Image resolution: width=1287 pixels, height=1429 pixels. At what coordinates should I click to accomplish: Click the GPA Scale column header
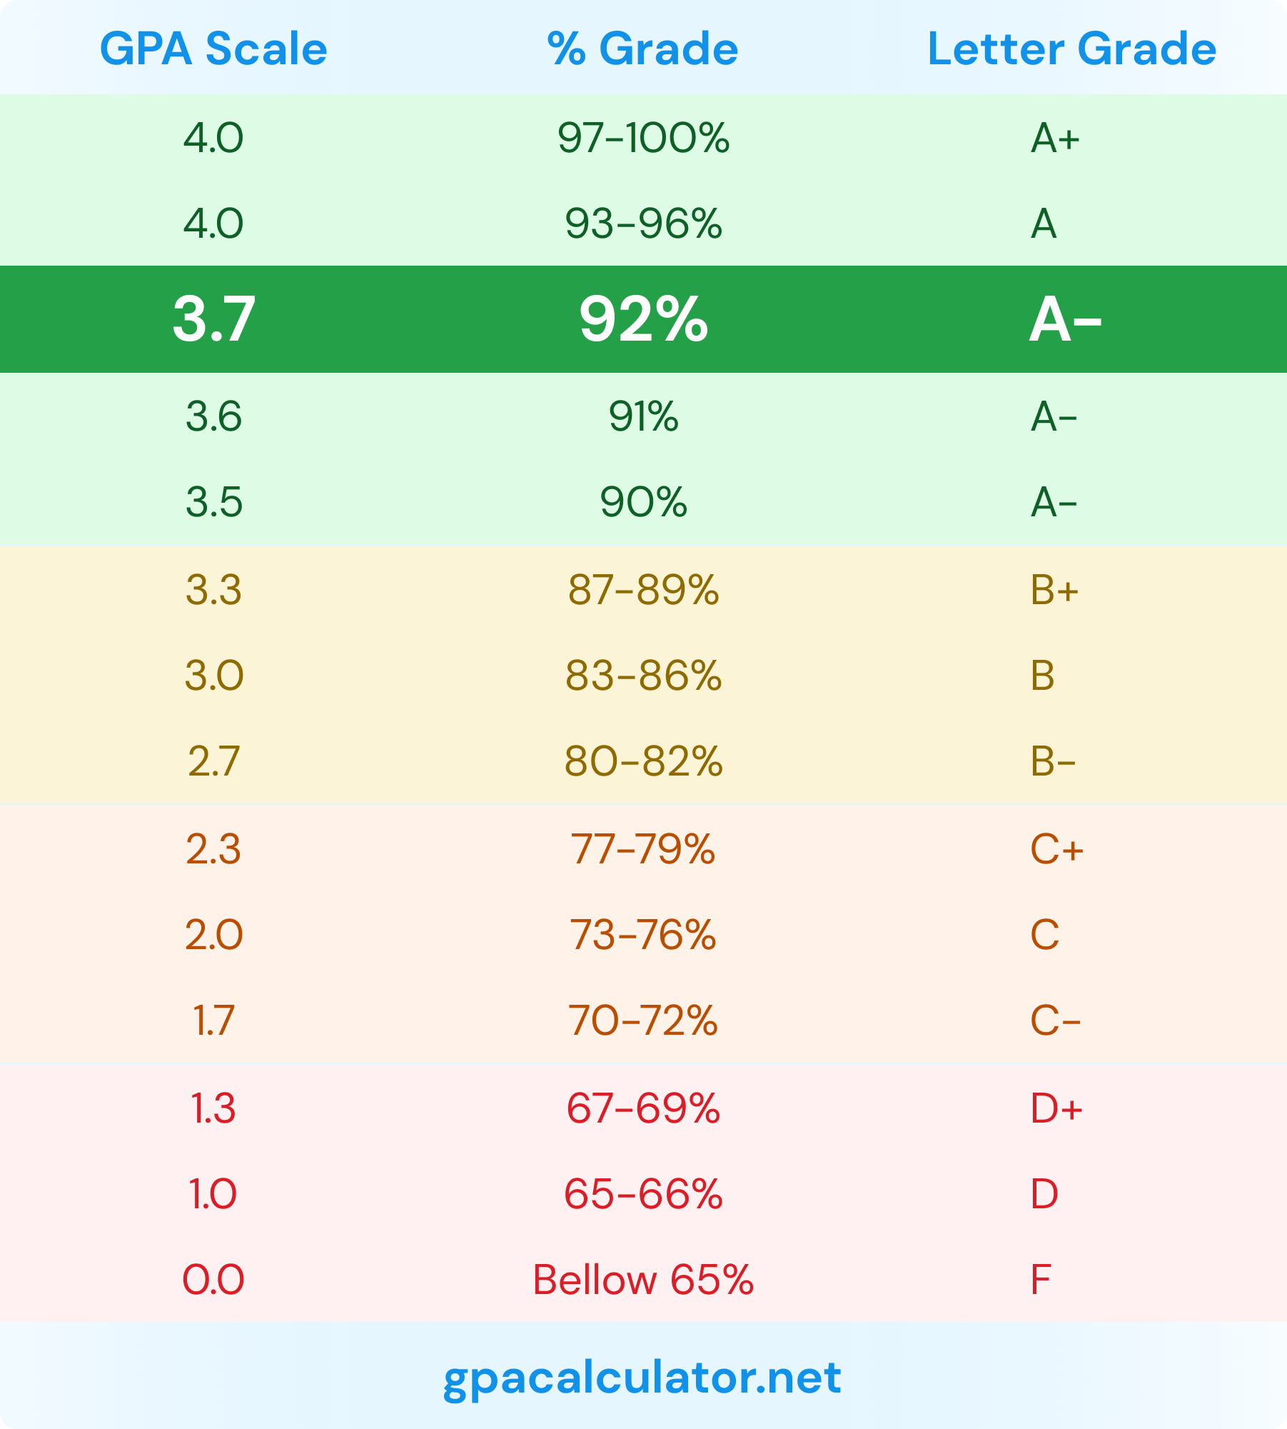coord(213,49)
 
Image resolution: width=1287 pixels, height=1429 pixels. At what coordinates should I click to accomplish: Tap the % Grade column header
coord(643,49)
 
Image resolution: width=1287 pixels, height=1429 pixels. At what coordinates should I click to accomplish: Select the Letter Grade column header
coord(1071,49)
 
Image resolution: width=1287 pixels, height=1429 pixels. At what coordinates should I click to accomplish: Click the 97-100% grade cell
coord(643,138)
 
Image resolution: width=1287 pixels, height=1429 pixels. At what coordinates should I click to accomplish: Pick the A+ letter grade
coord(1055,138)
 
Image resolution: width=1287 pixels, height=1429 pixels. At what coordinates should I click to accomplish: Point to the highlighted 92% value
coord(643,319)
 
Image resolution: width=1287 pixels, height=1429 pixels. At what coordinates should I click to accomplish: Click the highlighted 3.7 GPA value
coord(213,319)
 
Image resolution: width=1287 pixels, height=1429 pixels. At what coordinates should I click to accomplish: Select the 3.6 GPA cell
coord(213,416)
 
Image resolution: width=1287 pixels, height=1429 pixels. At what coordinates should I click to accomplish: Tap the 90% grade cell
coord(643,502)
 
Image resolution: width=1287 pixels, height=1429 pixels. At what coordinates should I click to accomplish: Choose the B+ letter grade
coord(1054,591)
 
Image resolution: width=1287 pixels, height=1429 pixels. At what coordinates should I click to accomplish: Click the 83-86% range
coord(643,676)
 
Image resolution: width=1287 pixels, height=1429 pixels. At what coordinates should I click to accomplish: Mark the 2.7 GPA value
coord(213,761)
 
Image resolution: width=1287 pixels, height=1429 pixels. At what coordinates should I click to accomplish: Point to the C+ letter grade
coord(1056,849)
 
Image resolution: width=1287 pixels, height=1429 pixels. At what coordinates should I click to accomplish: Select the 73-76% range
coord(643,935)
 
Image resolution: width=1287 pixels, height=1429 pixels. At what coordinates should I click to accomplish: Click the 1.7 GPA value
coord(213,1021)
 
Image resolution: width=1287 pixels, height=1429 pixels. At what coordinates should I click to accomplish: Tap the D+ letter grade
coord(1056,1108)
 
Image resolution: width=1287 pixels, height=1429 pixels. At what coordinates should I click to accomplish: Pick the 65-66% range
coord(643,1194)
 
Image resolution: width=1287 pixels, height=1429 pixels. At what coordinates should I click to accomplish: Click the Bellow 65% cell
coord(643,1280)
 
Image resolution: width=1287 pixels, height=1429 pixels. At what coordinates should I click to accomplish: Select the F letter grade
coord(1041,1280)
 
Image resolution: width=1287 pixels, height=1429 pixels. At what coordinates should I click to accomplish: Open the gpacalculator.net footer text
coord(642,1378)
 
